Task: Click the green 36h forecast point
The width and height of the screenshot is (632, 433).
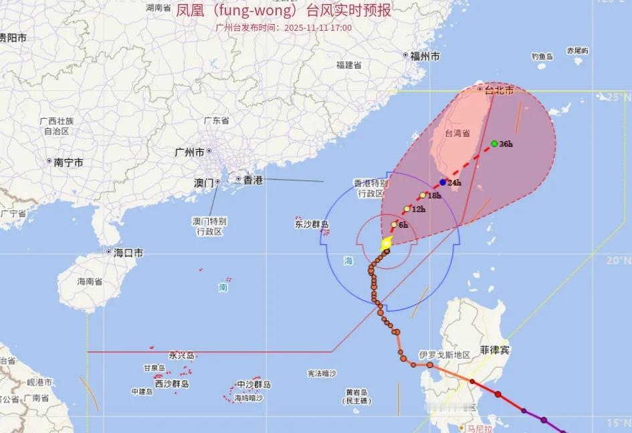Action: click(x=494, y=144)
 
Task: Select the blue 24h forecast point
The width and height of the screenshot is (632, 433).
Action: click(x=443, y=182)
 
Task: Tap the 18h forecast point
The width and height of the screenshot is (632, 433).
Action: click(x=423, y=196)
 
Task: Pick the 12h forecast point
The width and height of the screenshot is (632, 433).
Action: click(x=407, y=209)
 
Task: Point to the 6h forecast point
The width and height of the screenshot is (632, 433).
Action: click(x=394, y=225)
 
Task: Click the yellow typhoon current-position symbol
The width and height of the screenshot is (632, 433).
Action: click(x=386, y=244)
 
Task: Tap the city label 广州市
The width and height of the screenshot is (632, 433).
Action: click(x=189, y=152)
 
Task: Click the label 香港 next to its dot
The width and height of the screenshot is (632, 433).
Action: click(x=253, y=180)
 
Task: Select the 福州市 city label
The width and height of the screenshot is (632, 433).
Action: click(x=425, y=56)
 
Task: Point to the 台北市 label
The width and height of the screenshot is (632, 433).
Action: click(x=500, y=90)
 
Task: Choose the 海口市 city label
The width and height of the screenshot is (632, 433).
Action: click(x=128, y=253)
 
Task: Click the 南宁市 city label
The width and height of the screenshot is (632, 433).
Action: click(x=69, y=162)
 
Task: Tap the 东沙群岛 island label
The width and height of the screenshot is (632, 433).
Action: click(x=312, y=225)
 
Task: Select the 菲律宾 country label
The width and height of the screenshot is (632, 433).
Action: click(x=495, y=350)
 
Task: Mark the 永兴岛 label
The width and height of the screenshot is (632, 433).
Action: click(x=181, y=355)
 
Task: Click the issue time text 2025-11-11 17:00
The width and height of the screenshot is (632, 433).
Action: click(x=318, y=28)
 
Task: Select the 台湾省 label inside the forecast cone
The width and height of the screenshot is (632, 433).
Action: click(x=457, y=134)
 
